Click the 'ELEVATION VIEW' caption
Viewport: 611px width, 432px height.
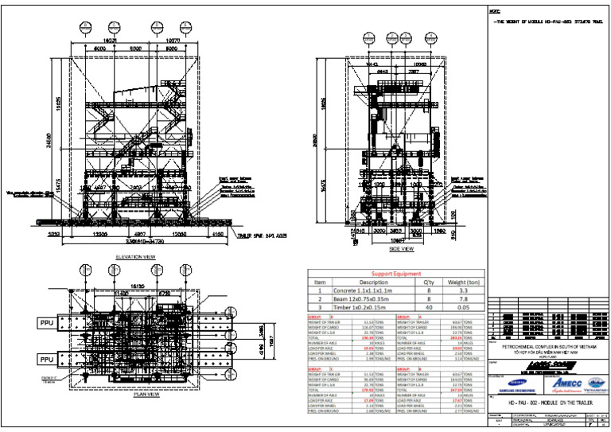point(139,257)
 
